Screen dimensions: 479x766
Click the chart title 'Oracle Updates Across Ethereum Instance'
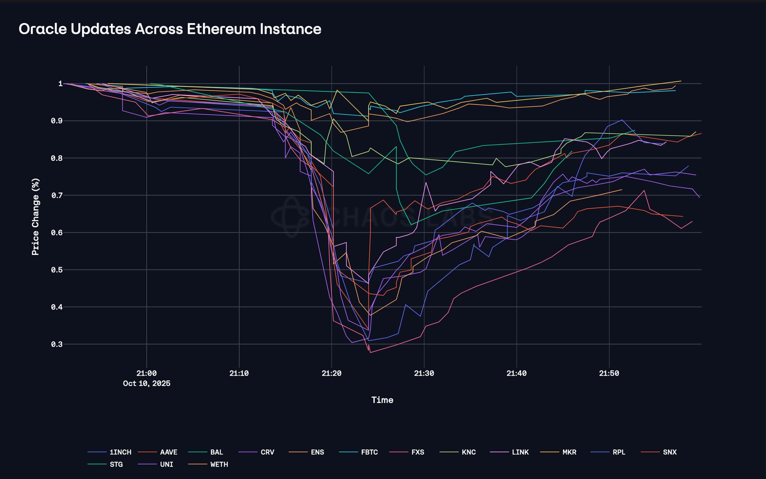coord(170,29)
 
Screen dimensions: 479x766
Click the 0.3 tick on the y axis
coord(57,344)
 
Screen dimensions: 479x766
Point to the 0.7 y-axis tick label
coord(57,195)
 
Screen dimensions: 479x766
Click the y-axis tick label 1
coord(60,84)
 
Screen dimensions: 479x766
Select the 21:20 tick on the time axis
coord(332,373)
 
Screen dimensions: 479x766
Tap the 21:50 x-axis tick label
coord(609,373)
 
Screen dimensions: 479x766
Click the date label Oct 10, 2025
coord(146,383)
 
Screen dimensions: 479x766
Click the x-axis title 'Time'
coord(382,400)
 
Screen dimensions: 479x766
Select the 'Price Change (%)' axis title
coord(36,217)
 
